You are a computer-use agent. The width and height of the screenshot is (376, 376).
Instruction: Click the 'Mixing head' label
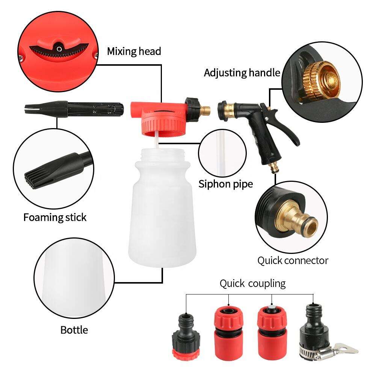pos(134,51)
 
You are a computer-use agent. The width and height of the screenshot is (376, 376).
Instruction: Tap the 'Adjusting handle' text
pos(242,72)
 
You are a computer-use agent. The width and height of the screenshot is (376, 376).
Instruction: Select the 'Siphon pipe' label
pos(226,184)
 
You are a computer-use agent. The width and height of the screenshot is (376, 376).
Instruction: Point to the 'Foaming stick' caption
pos(55,217)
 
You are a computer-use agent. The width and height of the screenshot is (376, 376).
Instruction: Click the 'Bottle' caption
pos(74,330)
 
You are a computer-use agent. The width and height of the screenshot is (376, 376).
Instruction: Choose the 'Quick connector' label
pos(293,261)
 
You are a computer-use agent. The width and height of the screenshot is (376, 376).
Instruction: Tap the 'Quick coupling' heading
pos(252,284)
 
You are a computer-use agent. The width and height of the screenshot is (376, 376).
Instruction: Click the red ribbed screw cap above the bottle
pos(163,125)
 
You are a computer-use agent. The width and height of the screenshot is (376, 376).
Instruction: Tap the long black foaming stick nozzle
pos(74,109)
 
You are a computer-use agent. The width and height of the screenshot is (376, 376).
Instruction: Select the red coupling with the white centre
pos(272,333)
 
